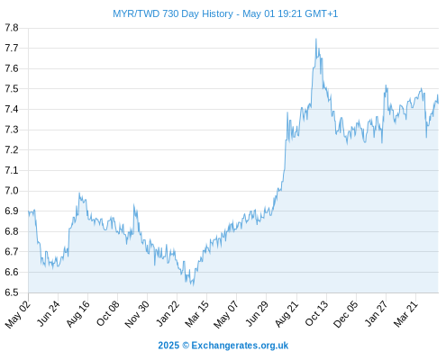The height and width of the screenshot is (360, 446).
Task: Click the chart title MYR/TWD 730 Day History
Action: pyautogui.click(x=173, y=13)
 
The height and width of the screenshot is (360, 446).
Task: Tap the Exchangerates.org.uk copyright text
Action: pyautogui.click(x=223, y=346)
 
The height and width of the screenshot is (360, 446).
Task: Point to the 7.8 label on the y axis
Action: pyautogui.click(x=12, y=28)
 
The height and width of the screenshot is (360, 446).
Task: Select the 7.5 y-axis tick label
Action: pyautogui.click(x=12, y=89)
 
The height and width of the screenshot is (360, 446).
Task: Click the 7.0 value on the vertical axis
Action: pyautogui.click(x=12, y=191)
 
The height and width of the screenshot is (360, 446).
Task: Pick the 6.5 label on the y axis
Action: pyautogui.click(x=12, y=292)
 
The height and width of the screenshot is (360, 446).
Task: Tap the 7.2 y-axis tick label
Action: pyautogui.click(x=12, y=150)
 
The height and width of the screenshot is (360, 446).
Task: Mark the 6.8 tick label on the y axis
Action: pyautogui.click(x=12, y=231)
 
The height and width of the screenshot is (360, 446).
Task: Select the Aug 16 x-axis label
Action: pyautogui.click(x=78, y=313)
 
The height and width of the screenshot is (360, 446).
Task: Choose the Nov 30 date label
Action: pyautogui.click(x=137, y=314)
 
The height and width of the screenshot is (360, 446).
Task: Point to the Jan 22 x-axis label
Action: pyautogui.click(x=168, y=313)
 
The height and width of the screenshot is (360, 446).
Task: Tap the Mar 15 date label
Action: pyautogui.click(x=196, y=313)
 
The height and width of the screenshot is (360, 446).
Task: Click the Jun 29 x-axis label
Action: pyautogui.click(x=257, y=313)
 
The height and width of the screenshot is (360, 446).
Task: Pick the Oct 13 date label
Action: pyautogui.click(x=317, y=313)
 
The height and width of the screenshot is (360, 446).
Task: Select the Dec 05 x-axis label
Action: pyautogui.click(x=346, y=314)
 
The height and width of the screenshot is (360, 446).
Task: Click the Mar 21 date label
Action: pyautogui.click(x=405, y=313)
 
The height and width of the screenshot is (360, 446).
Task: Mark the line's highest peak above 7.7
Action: pyautogui.click(x=316, y=39)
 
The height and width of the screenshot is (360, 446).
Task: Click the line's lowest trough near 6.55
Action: pyautogui.click(x=193, y=285)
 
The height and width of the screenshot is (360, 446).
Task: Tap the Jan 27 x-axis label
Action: pyautogui.click(x=376, y=313)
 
